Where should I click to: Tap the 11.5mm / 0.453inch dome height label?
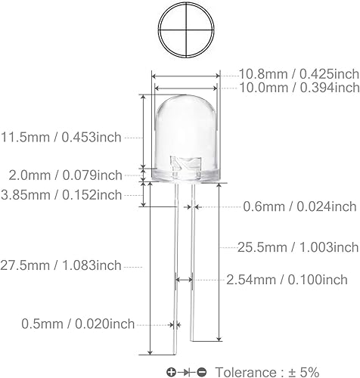[61, 137]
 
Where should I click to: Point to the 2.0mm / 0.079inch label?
[61, 175]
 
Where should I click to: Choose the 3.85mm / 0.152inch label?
[61, 195]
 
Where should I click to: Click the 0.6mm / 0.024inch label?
[299, 206]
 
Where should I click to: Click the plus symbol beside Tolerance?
[172, 371]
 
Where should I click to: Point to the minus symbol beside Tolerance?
[202, 371]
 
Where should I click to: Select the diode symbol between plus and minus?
[187, 371]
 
